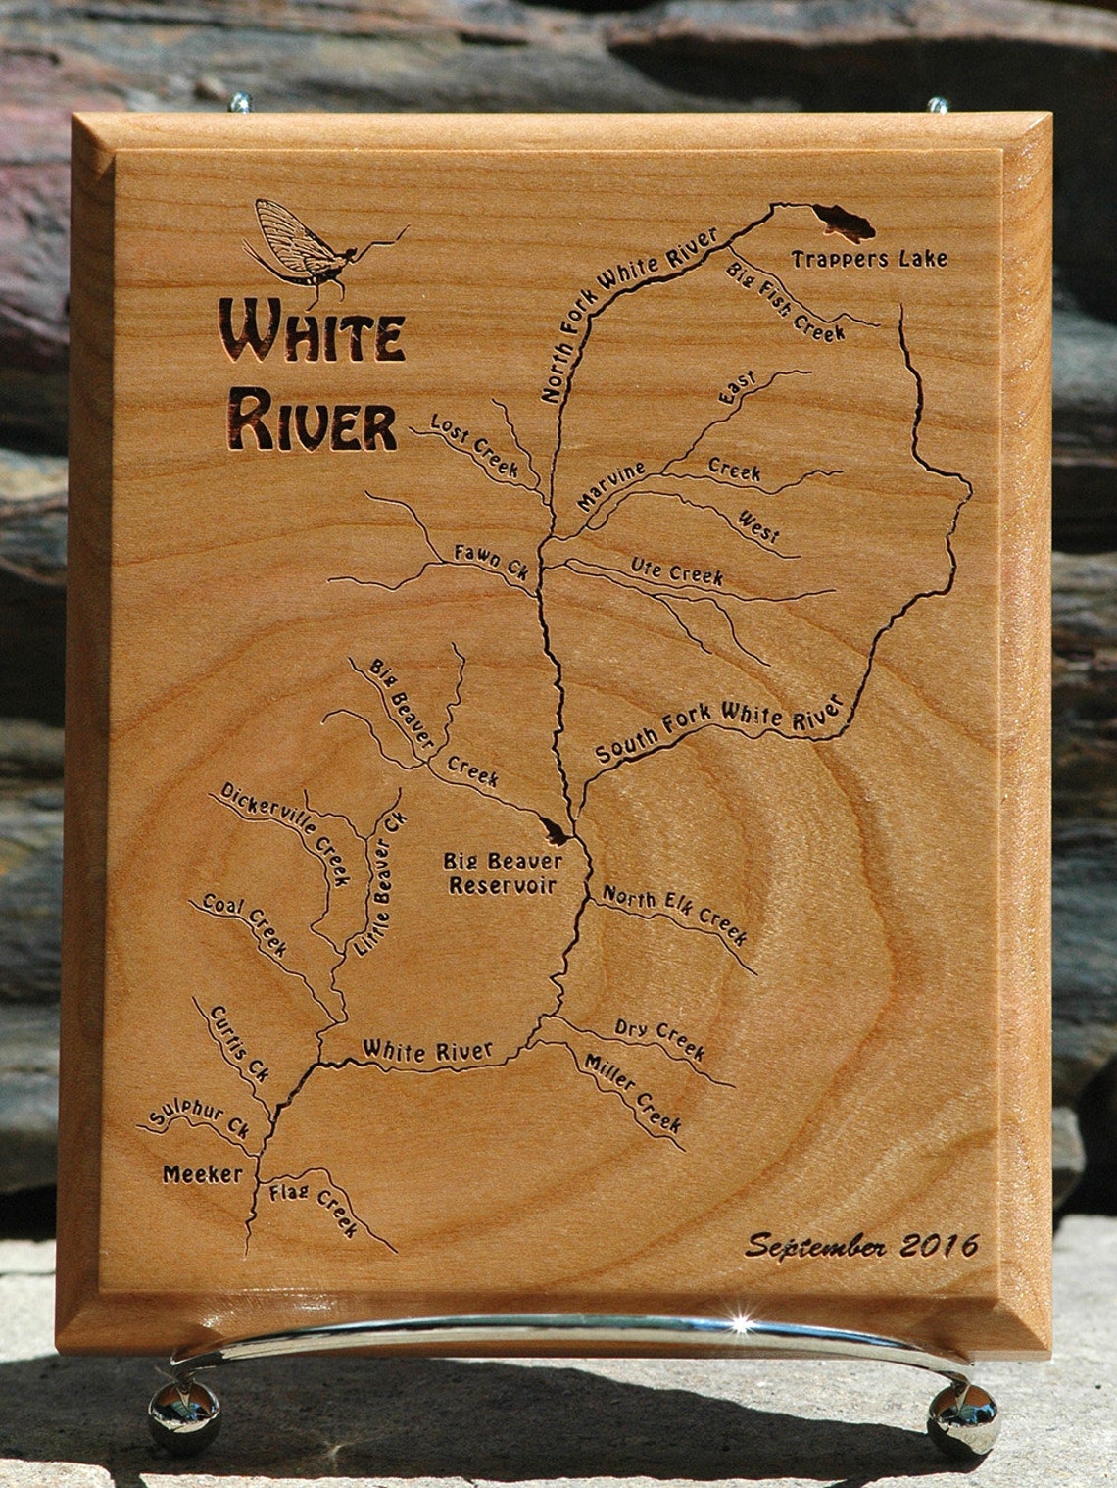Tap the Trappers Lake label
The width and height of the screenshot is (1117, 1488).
pyautogui.click(x=869, y=259)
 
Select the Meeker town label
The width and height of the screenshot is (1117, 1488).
pyautogui.click(x=202, y=1173)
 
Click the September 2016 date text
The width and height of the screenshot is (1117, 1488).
pyautogui.click(x=861, y=1245)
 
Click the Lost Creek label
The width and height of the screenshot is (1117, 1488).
pyautogui.click(x=475, y=443)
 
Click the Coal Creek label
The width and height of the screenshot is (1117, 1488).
pyautogui.click(x=245, y=925)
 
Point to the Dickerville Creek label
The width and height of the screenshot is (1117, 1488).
pyautogui.click(x=285, y=832)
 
